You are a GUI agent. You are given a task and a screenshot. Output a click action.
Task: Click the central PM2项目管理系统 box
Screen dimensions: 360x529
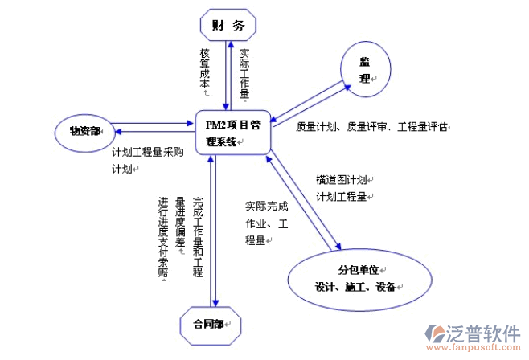click(x=232, y=133)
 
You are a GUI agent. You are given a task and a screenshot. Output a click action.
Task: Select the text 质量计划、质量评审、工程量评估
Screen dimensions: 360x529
click(x=371, y=127)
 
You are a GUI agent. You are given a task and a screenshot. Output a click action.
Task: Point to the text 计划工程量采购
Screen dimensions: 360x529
click(x=148, y=153)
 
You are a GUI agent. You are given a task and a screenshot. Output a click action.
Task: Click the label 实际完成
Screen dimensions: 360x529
click(x=266, y=206)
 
